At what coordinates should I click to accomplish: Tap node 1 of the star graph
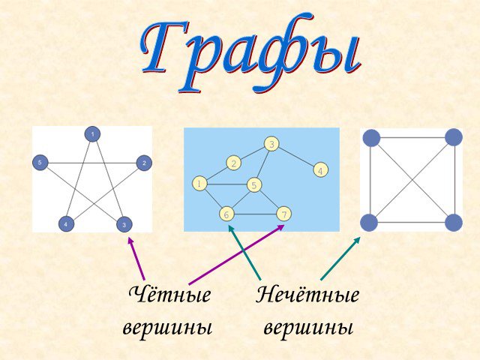pyautogui.click(x=92, y=134)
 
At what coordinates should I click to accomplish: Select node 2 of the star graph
pyautogui.click(x=144, y=163)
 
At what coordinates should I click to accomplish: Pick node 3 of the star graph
pyautogui.click(x=124, y=225)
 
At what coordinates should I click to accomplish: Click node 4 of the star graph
pyautogui.click(x=66, y=224)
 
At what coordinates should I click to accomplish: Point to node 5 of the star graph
pyautogui.click(x=40, y=163)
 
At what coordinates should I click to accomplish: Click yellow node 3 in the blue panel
pyautogui.click(x=271, y=144)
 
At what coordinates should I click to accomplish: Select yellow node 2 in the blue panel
pyautogui.click(x=234, y=163)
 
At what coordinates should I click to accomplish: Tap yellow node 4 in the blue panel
pyautogui.click(x=320, y=170)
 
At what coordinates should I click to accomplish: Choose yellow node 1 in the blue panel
pyautogui.click(x=199, y=184)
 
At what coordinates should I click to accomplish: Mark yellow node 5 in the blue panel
pyautogui.click(x=254, y=185)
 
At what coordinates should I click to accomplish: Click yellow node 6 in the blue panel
pyautogui.click(x=226, y=214)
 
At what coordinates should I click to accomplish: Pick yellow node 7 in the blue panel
pyautogui.click(x=283, y=214)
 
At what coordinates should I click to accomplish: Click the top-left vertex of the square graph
pyautogui.click(x=371, y=138)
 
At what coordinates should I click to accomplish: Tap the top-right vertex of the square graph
pyautogui.click(x=453, y=137)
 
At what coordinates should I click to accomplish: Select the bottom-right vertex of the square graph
pyautogui.click(x=453, y=223)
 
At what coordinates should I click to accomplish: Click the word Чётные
pyautogui.click(x=170, y=295)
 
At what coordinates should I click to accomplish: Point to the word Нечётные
pyautogui.click(x=307, y=295)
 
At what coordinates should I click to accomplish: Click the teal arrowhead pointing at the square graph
pyautogui.click(x=356, y=240)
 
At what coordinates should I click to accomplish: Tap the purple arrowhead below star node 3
pyautogui.click(x=131, y=241)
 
